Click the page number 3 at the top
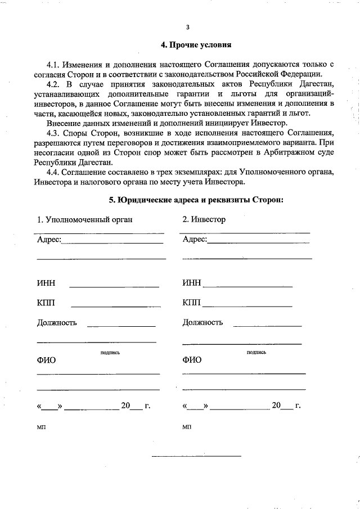(188, 26)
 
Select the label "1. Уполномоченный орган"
(84, 219)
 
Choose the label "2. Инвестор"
(204, 219)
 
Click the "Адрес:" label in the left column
(49, 240)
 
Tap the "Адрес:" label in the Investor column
(195, 240)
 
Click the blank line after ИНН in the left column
(114, 286)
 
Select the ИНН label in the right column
(191, 283)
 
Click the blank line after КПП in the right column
(247, 306)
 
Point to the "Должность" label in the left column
(57, 323)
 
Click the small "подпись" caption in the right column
(256, 352)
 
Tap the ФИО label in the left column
(46, 360)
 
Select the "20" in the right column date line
(276, 405)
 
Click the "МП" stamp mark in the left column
(41, 427)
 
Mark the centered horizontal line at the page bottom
(196, 455)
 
